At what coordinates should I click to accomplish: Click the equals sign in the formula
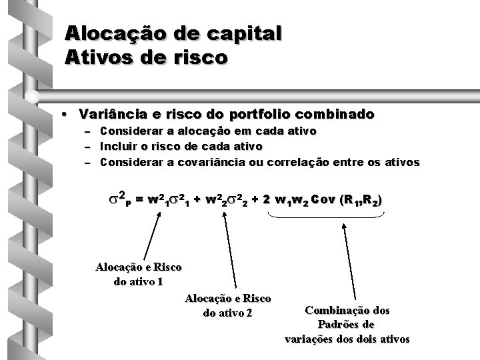click(139, 200)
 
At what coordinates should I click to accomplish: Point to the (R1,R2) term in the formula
click(360, 200)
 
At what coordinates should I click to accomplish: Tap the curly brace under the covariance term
click(325, 215)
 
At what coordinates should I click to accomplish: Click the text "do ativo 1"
click(138, 281)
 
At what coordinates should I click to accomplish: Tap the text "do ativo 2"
click(227, 313)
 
